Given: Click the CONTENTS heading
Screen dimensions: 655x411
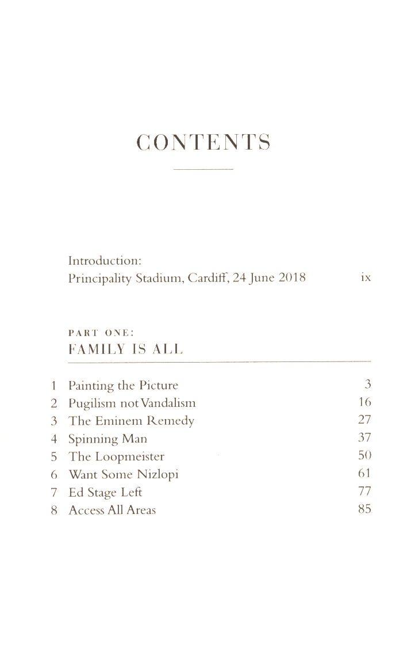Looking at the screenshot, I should click(203, 142).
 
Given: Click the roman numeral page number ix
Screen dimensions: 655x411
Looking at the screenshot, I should click(365, 278).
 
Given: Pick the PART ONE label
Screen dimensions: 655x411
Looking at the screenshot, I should click(101, 334).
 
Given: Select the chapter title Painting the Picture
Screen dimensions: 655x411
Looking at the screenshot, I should click(123, 386).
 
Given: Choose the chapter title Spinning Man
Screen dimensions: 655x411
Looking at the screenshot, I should click(107, 439).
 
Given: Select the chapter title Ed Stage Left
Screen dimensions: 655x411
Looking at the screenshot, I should click(105, 493).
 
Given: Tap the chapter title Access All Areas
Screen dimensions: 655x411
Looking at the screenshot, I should click(112, 511).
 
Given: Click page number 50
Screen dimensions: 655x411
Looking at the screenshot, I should click(364, 456).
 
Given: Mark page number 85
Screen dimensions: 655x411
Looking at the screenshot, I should click(364, 509).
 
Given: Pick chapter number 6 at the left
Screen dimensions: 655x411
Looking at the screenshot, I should click(53, 475).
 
